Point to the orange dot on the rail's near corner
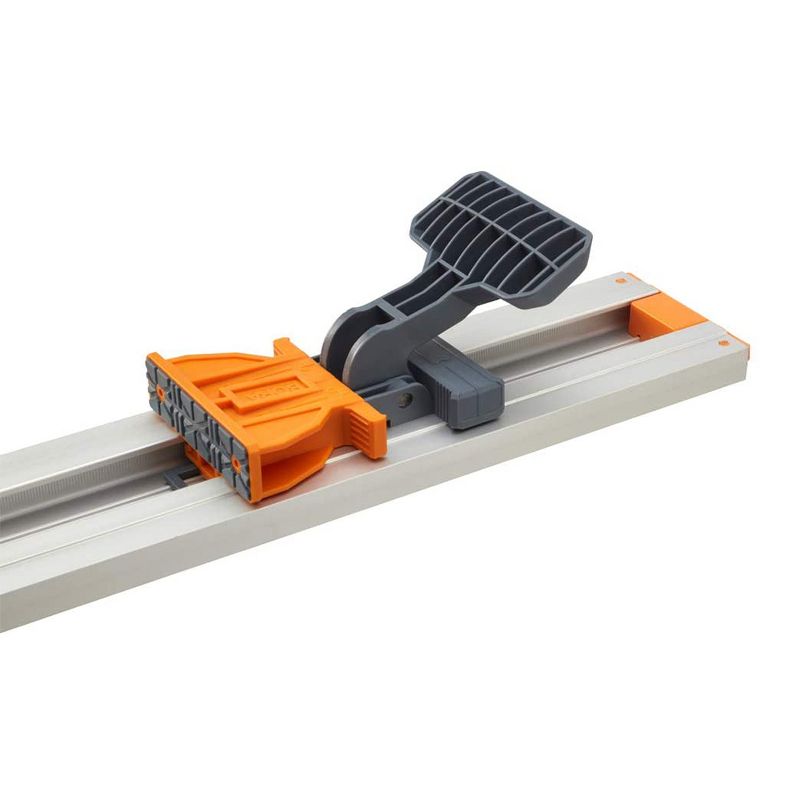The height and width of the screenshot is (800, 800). [x=723, y=343]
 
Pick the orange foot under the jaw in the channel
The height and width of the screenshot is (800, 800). [x=200, y=460]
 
